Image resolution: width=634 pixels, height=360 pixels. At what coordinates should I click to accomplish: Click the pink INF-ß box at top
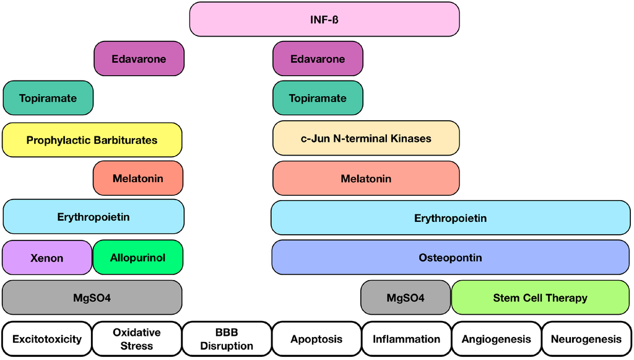324,19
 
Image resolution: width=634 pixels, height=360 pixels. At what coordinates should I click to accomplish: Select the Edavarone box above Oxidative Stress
139,59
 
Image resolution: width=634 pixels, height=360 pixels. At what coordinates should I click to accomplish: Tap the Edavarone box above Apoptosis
318,59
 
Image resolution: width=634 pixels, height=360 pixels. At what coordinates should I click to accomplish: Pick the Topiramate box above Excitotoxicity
48,98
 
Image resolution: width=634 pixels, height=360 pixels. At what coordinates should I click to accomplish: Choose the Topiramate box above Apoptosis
318,98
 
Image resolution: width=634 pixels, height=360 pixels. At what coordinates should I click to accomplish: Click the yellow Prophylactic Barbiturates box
92,139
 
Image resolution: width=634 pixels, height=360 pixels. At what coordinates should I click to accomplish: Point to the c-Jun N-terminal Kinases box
366,138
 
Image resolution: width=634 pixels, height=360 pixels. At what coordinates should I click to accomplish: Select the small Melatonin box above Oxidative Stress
138,178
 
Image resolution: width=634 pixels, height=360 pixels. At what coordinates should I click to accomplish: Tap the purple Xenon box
47,258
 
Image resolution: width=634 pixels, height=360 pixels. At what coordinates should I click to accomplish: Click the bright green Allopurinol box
137,257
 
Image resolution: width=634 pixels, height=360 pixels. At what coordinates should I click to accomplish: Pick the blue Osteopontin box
450,257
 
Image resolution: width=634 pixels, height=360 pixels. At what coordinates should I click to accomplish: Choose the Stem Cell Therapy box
540,297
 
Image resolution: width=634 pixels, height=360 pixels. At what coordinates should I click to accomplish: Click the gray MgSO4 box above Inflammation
406,297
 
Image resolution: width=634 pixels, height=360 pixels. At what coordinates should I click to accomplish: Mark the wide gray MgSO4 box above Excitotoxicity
92,297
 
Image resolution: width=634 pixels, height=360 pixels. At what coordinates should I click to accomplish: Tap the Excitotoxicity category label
47,339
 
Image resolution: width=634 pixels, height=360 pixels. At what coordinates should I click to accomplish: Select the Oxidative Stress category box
137,339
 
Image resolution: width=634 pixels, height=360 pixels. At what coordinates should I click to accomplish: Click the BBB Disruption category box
227,339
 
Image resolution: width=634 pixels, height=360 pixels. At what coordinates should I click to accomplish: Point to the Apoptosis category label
316,339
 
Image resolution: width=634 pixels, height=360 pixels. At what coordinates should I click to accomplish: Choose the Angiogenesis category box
496,339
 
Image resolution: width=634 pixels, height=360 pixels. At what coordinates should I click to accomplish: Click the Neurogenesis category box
586,339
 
